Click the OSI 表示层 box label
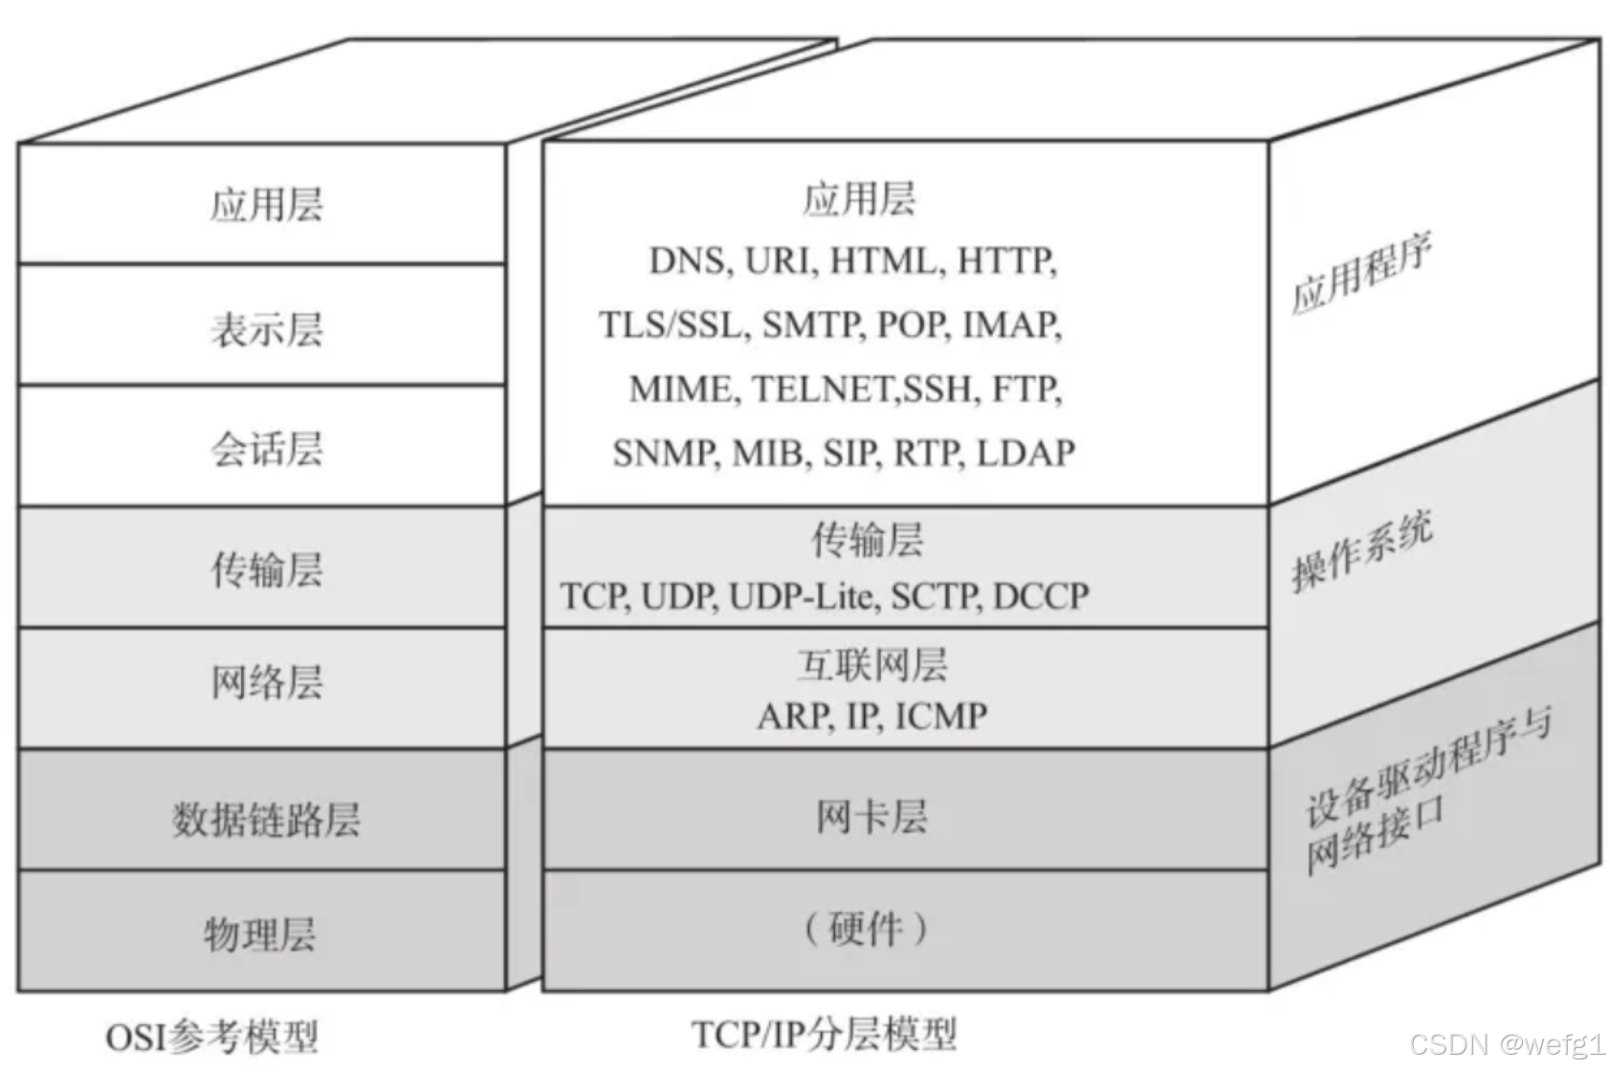[x=267, y=328]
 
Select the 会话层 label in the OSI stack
[x=267, y=448]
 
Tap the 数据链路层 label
[x=266, y=819]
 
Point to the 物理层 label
[x=260, y=933]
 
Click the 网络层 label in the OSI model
[x=267, y=682]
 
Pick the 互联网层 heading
[x=871, y=664]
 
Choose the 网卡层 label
[x=871, y=816]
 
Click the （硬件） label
[x=866, y=928]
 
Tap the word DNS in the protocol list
[x=687, y=260]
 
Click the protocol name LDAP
[x=1026, y=452]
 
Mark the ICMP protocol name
[x=941, y=715]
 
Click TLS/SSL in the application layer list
[x=672, y=324]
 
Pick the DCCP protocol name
[x=1041, y=595]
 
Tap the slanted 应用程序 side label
[x=1361, y=274]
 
